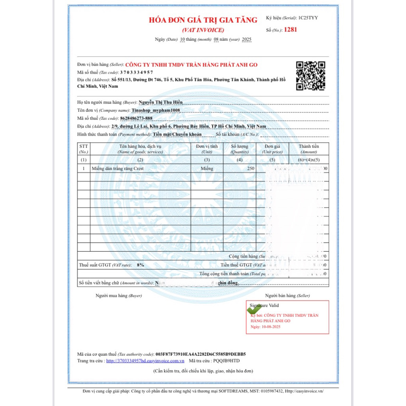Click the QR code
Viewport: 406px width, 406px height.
pyautogui.click(x=311, y=75)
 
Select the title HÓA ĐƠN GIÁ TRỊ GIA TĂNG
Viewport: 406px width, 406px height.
pyautogui.click(x=203, y=20)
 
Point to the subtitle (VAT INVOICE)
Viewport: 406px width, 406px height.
pyautogui.click(x=203, y=30)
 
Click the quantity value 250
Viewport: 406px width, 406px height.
pyautogui.click(x=251, y=169)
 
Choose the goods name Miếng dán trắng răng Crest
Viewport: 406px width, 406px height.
pyautogui.click(x=118, y=169)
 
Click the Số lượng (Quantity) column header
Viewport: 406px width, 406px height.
pyautogui.click(x=240, y=149)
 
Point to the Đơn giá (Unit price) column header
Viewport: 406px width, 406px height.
pyautogui.click(x=272, y=149)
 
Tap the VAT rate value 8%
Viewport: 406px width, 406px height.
pyautogui.click(x=140, y=264)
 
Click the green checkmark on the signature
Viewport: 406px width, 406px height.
pyautogui.click(x=252, y=309)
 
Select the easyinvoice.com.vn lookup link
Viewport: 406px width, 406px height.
pyautogui.click(x=146, y=361)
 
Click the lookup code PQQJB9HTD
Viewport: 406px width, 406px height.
pyautogui.click(x=226, y=361)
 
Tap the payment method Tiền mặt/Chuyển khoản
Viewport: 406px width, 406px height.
pyautogui.click(x=177, y=134)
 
